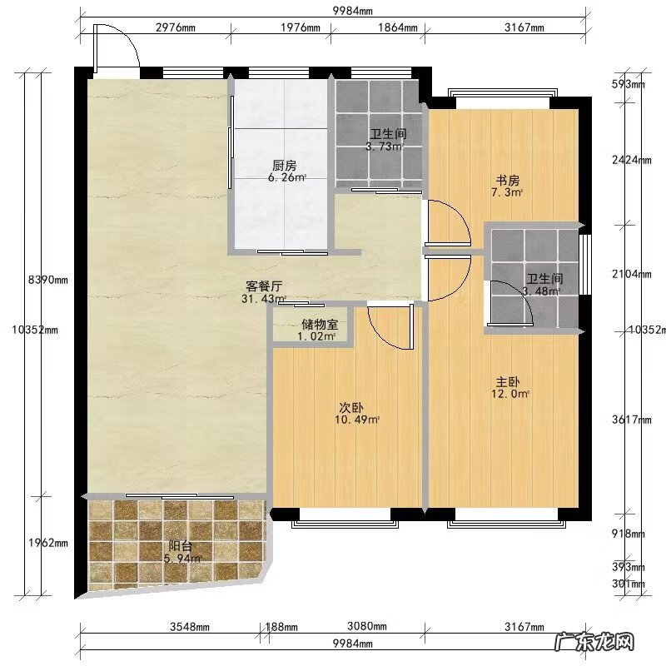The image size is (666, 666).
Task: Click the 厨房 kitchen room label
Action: [285, 165]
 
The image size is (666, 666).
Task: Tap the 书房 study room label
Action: [508, 180]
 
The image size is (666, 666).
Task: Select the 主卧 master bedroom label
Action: [508, 381]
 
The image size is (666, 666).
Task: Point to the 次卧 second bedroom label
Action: [351, 408]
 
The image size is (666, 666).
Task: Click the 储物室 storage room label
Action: [320, 325]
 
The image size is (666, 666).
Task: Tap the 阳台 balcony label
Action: [181, 546]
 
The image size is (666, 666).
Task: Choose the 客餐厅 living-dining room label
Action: [264, 286]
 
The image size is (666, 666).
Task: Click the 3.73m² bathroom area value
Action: [385, 147]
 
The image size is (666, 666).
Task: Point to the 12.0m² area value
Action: [510, 394]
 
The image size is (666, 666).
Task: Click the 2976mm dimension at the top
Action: [176, 27]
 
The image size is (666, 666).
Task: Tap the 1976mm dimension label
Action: [301, 27]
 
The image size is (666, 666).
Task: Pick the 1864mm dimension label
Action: [398, 27]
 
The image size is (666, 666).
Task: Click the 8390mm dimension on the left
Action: [48, 280]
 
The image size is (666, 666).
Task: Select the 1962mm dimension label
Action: [48, 543]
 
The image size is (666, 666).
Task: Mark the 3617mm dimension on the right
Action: [632, 420]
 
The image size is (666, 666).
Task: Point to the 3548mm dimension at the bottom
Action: [190, 627]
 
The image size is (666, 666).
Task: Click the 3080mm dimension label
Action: [367, 626]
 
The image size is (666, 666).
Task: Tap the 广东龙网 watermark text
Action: [594, 642]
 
